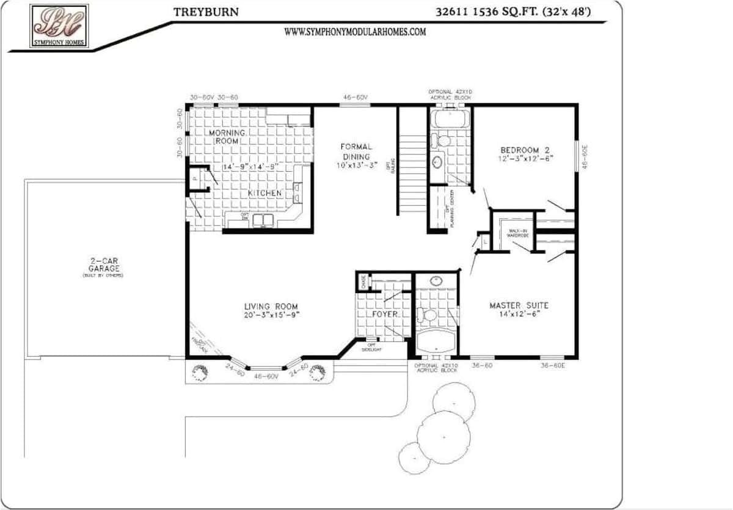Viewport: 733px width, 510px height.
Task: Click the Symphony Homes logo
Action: coord(59,26)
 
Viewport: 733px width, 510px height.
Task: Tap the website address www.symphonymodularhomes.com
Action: coord(354,32)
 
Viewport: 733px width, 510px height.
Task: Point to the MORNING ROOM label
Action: coord(227,137)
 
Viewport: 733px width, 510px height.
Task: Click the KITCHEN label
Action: coord(264,193)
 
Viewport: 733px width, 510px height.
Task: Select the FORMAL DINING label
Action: coord(356,151)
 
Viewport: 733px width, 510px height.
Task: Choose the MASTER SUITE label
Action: coord(519,305)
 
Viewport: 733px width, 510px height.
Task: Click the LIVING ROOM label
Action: coord(271,307)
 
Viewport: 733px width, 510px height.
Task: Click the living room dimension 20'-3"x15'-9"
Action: coord(271,315)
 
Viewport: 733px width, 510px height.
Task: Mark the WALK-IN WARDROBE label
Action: coord(517,233)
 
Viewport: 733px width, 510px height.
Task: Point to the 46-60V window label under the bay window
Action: coord(266,377)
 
